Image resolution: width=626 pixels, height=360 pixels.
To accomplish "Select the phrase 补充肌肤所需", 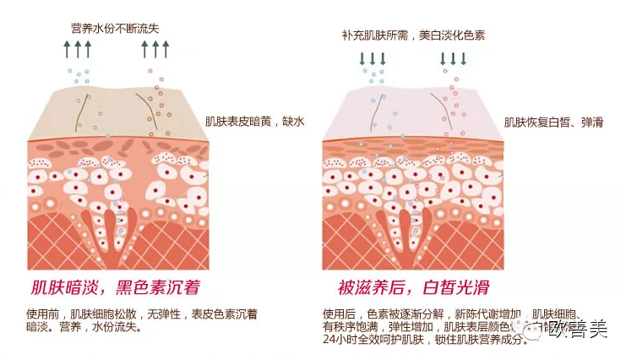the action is click(375, 35).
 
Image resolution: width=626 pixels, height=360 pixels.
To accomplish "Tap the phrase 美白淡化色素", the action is click(450, 35).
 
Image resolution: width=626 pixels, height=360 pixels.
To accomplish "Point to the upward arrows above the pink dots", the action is click(155, 49).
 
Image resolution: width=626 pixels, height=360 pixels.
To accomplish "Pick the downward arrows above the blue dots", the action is click(373, 58).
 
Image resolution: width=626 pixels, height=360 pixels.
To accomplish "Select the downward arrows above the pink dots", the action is click(454, 58).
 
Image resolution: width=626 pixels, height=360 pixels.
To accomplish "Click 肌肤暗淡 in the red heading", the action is click(62, 286).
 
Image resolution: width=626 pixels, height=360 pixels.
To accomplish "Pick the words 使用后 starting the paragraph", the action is click(338, 314).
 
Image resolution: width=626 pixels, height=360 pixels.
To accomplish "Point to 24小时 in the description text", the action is click(340, 340).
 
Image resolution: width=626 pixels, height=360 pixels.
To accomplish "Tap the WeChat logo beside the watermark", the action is click(534, 328).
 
